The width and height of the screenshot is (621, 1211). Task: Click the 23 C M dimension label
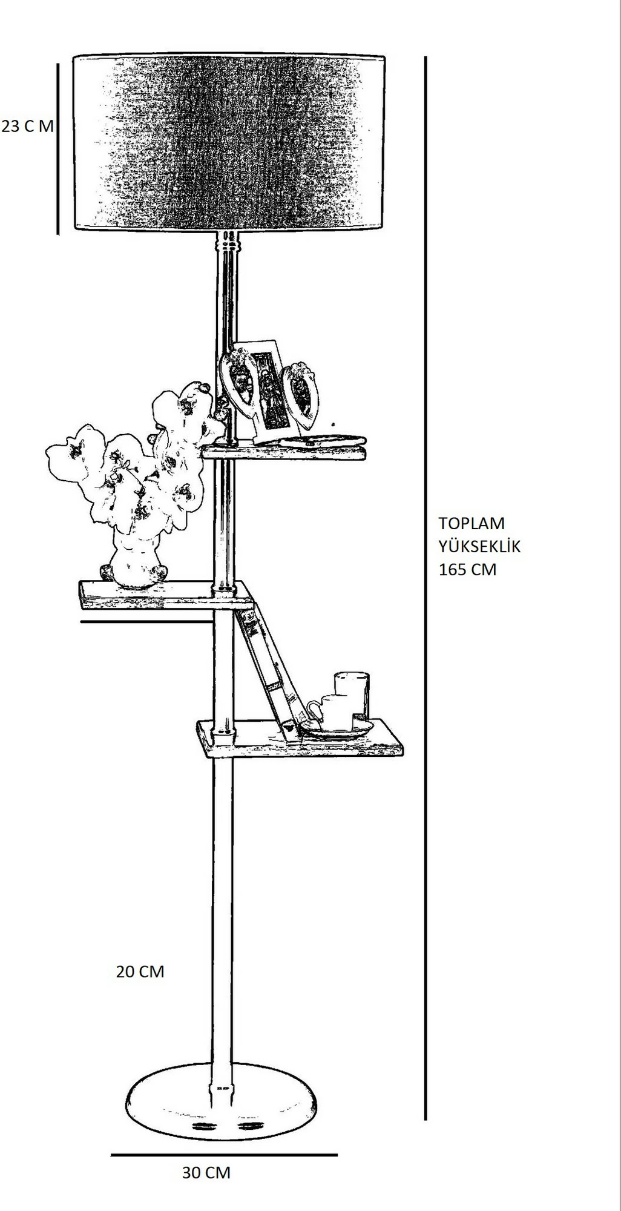(28, 127)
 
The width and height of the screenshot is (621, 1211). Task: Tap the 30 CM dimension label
(206, 1172)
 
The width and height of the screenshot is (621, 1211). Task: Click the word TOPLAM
(471, 523)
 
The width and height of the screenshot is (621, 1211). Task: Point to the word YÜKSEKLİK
(479, 546)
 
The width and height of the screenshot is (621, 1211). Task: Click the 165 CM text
(467, 569)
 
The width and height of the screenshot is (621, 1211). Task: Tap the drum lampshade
(229, 143)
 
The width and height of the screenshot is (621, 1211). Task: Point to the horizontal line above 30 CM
(224, 1155)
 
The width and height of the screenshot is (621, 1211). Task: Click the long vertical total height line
(425, 588)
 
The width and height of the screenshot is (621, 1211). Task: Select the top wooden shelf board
(284, 452)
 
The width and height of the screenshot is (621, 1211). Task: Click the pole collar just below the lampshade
(228, 244)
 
